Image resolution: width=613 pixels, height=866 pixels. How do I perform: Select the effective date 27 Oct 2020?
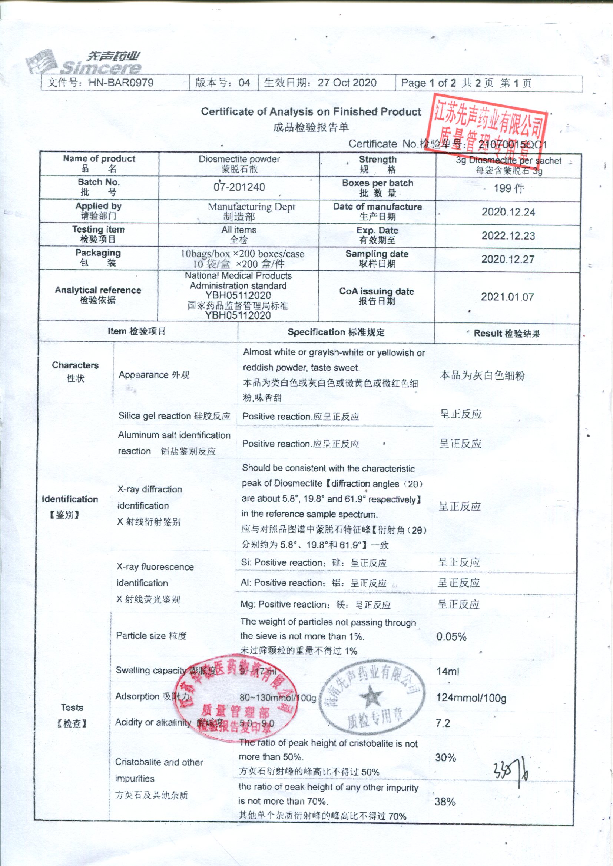click(347, 83)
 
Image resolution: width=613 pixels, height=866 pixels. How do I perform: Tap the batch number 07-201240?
click(239, 187)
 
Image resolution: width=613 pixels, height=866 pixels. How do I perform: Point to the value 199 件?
click(508, 188)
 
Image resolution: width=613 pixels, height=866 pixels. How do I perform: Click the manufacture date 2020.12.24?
click(508, 213)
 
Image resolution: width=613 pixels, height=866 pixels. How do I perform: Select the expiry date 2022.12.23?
click(508, 236)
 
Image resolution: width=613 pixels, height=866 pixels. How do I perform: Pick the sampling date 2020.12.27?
click(508, 260)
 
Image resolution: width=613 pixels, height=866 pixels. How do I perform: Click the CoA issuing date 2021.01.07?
click(507, 297)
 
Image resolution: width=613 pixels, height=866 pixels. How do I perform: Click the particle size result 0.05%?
click(451, 637)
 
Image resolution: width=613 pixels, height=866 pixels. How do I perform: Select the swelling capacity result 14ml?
click(448, 671)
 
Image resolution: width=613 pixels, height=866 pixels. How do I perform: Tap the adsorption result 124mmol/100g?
click(471, 698)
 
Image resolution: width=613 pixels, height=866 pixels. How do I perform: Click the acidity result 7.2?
click(443, 723)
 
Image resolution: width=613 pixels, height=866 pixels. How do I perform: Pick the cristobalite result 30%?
click(445, 758)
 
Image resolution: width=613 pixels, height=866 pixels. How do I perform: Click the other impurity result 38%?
click(445, 802)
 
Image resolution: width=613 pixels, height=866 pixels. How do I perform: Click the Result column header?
click(507, 334)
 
